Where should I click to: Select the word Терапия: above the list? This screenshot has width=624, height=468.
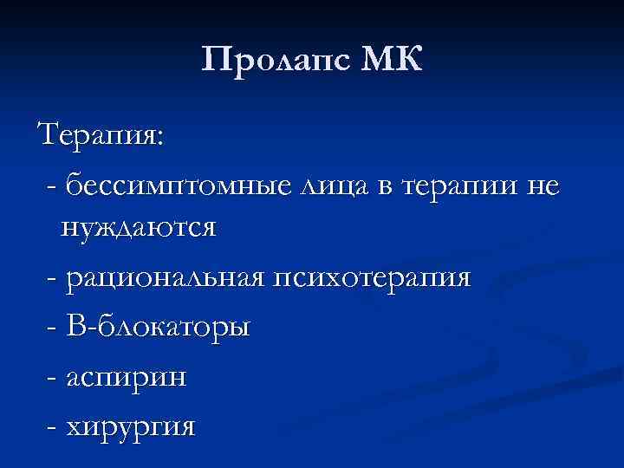tap(103, 137)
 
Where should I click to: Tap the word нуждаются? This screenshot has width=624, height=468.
tap(138, 230)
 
